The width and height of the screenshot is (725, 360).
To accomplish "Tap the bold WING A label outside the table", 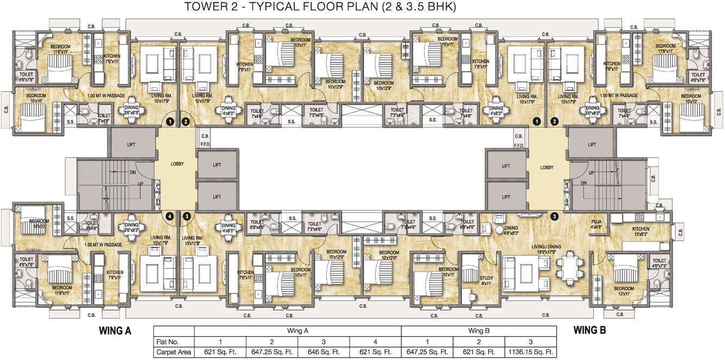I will click(x=115, y=330).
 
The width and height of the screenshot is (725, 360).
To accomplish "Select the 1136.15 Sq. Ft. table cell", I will click(x=530, y=352).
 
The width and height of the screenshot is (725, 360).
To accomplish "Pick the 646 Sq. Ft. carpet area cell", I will click(x=323, y=352).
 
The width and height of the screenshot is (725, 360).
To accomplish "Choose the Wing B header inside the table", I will click(x=479, y=331).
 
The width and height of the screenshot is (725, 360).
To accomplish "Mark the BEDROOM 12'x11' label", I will click(x=624, y=291).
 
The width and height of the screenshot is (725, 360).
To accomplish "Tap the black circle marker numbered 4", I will click(x=170, y=216).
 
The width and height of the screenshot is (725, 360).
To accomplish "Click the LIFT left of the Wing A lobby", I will click(x=131, y=144).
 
